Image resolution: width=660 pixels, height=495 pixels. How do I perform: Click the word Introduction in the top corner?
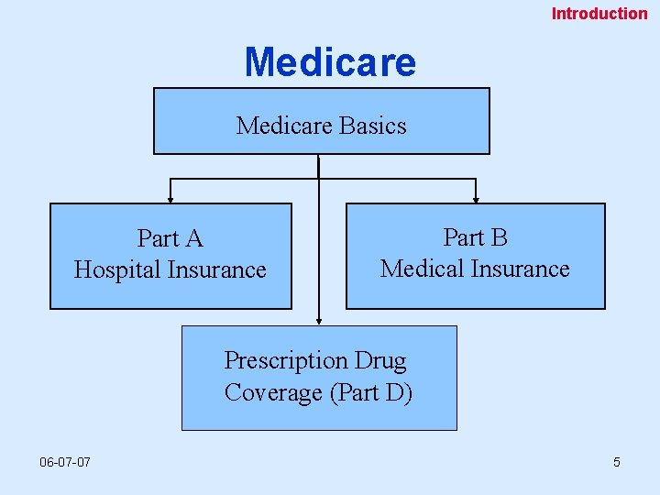[x=599, y=14]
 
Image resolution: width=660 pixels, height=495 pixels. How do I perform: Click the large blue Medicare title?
[x=330, y=62]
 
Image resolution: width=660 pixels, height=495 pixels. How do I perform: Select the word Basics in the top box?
[x=364, y=126]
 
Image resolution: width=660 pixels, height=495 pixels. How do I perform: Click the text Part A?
[x=170, y=239]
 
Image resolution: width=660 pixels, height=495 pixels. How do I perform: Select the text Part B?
[x=475, y=238]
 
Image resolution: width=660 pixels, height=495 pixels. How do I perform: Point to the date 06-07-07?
[x=65, y=462]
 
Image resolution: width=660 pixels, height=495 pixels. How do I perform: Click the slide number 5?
[x=617, y=462]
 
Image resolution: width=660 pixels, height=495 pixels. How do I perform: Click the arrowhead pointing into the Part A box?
[x=170, y=196]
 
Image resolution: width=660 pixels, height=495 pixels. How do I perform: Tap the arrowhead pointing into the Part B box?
[x=476, y=196]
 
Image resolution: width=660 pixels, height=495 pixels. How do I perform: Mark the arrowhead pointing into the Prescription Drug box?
[x=319, y=320]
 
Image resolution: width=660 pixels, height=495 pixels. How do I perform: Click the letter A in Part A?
[x=193, y=239]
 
